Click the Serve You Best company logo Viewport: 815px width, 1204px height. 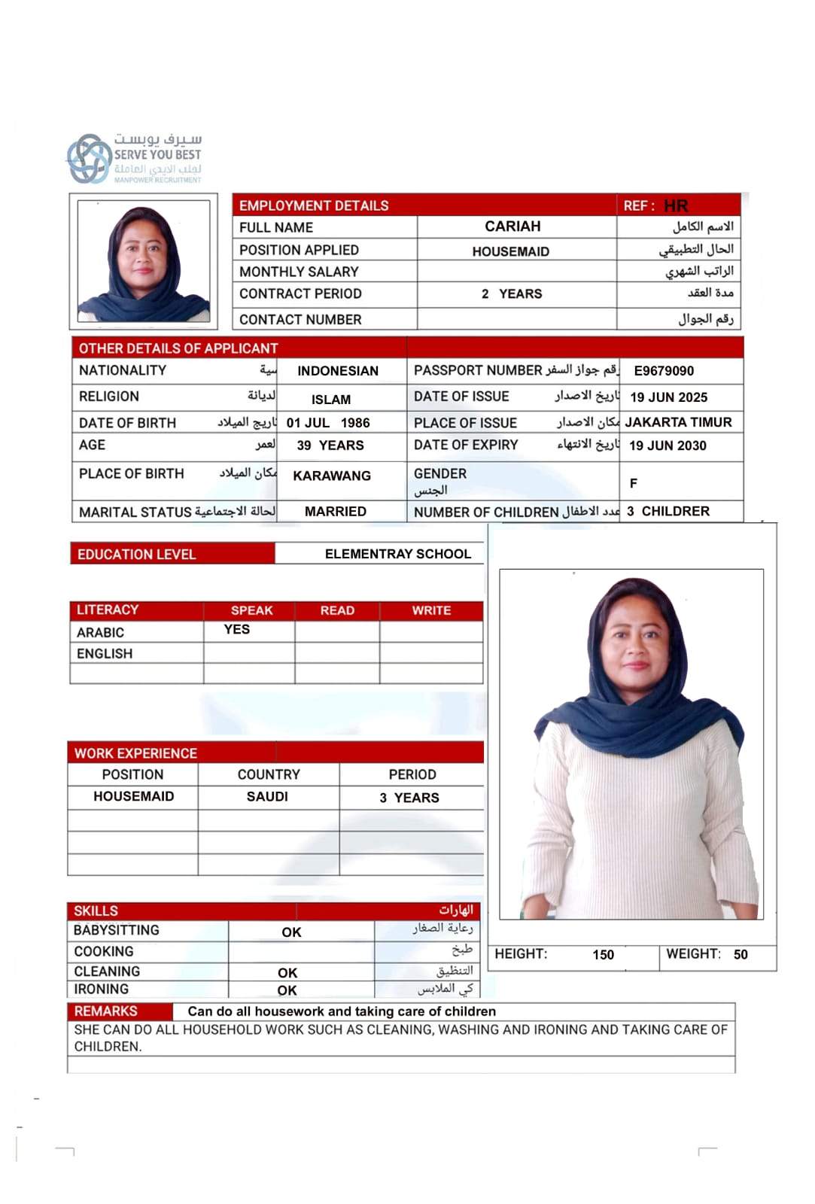(x=134, y=159)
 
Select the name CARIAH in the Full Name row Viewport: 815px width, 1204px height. (x=512, y=227)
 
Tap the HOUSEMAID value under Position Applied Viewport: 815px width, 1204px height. (x=510, y=251)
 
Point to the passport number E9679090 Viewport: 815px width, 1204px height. (x=664, y=371)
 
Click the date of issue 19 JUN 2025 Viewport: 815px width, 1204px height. (x=668, y=397)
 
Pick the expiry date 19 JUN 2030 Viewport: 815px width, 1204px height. (x=668, y=445)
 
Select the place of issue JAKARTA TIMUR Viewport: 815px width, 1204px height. (x=678, y=422)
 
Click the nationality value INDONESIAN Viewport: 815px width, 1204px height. (x=338, y=371)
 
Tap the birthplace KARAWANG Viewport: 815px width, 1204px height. (x=332, y=476)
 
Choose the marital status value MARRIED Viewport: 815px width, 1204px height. (x=336, y=512)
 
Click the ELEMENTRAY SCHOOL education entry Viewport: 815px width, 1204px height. (x=398, y=554)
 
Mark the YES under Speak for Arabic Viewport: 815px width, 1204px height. (x=236, y=630)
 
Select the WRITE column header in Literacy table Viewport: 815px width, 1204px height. (x=431, y=610)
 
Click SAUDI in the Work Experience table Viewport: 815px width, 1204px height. (x=267, y=796)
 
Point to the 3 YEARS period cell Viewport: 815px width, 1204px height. (x=409, y=798)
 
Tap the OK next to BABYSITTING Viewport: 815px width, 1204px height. (x=291, y=932)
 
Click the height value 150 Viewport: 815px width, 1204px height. (x=604, y=955)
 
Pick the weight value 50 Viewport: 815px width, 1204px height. (x=740, y=955)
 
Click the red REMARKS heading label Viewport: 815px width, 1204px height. (x=106, y=1011)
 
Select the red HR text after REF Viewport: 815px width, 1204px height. (x=676, y=206)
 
